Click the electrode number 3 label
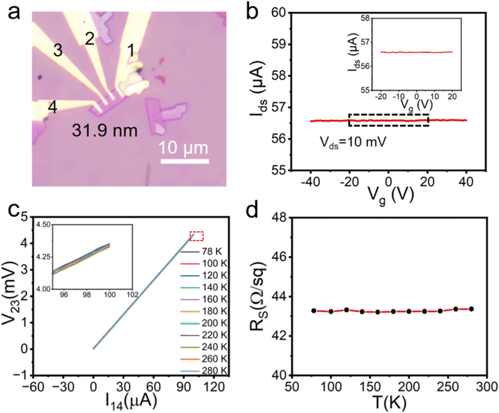58,50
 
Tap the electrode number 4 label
53,107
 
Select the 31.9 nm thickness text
105,131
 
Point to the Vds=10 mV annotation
353,143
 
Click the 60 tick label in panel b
279,13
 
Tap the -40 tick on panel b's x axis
311,182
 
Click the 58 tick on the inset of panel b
365,18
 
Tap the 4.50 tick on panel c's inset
43,225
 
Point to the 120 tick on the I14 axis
213,387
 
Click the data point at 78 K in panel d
314,311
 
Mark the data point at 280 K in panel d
471,309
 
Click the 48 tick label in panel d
279,218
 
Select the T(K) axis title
389,403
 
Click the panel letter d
252,209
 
